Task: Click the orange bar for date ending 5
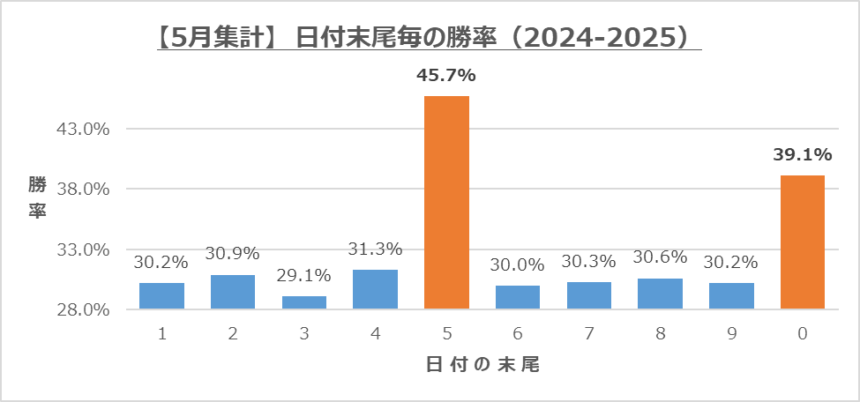tap(446, 203)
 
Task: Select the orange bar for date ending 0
tap(803, 242)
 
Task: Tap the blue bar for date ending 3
tap(304, 302)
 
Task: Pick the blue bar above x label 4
tap(375, 289)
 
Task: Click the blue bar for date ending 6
tap(518, 297)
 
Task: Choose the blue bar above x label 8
tap(660, 294)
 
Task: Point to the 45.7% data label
tap(446, 77)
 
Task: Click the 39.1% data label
tap(803, 155)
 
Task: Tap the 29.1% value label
tap(304, 276)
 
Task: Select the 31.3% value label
tap(375, 249)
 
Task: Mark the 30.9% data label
tap(233, 254)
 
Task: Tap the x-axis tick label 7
tap(589, 334)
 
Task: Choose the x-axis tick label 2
tap(233, 334)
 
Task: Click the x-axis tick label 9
tap(731, 334)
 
